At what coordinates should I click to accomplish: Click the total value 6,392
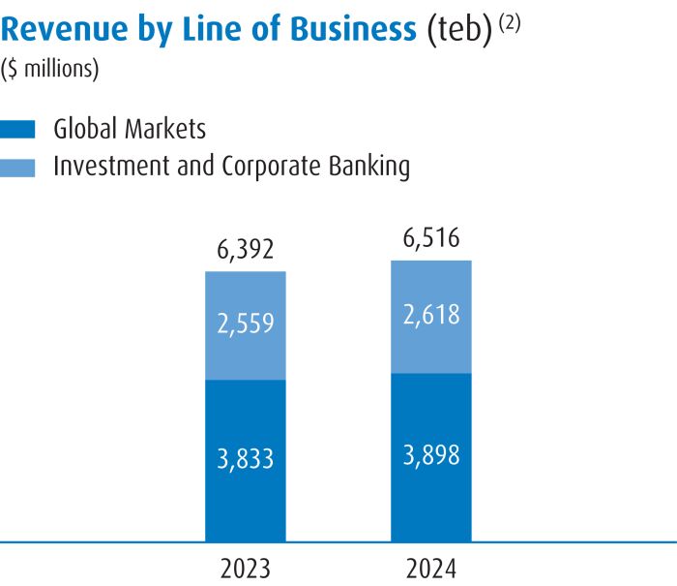click(x=246, y=252)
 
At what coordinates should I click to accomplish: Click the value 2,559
click(x=246, y=323)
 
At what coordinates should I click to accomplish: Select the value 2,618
click(x=431, y=315)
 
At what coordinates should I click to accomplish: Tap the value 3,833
click(x=246, y=458)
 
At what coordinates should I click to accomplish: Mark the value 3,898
click(x=431, y=453)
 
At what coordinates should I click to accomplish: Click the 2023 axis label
click(x=246, y=567)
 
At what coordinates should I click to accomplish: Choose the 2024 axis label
click(x=431, y=567)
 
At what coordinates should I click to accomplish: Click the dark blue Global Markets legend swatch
click(x=19, y=129)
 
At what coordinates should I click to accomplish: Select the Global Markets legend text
click(x=130, y=128)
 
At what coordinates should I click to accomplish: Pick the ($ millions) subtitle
click(x=50, y=70)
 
